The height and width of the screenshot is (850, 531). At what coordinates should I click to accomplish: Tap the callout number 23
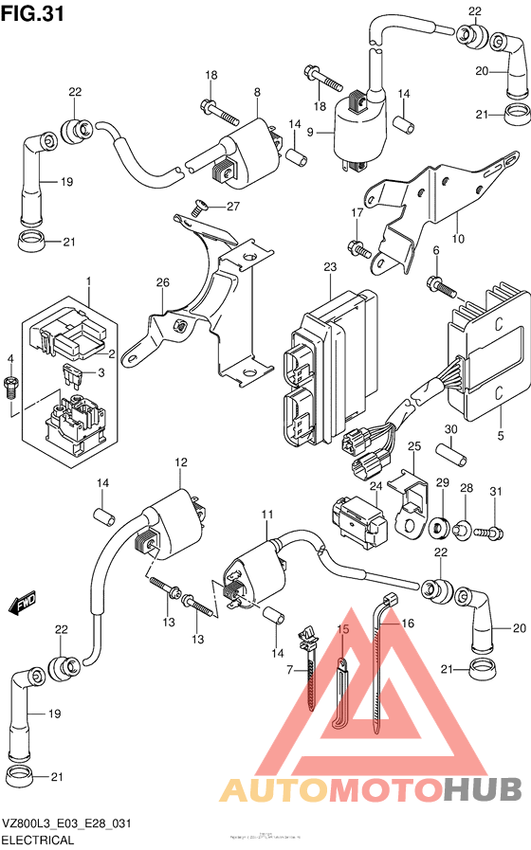point(329,269)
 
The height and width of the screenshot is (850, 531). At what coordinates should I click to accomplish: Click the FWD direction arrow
point(21,603)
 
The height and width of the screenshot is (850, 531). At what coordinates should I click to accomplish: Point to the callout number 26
point(162,282)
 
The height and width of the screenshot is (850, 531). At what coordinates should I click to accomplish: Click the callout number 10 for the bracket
point(457,238)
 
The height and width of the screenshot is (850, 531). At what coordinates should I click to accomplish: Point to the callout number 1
point(88,281)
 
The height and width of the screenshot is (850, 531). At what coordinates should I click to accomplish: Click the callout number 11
point(267,515)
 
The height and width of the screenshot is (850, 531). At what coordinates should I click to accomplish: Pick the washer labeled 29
point(440,526)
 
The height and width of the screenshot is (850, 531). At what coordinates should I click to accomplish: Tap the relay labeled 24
point(357,518)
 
